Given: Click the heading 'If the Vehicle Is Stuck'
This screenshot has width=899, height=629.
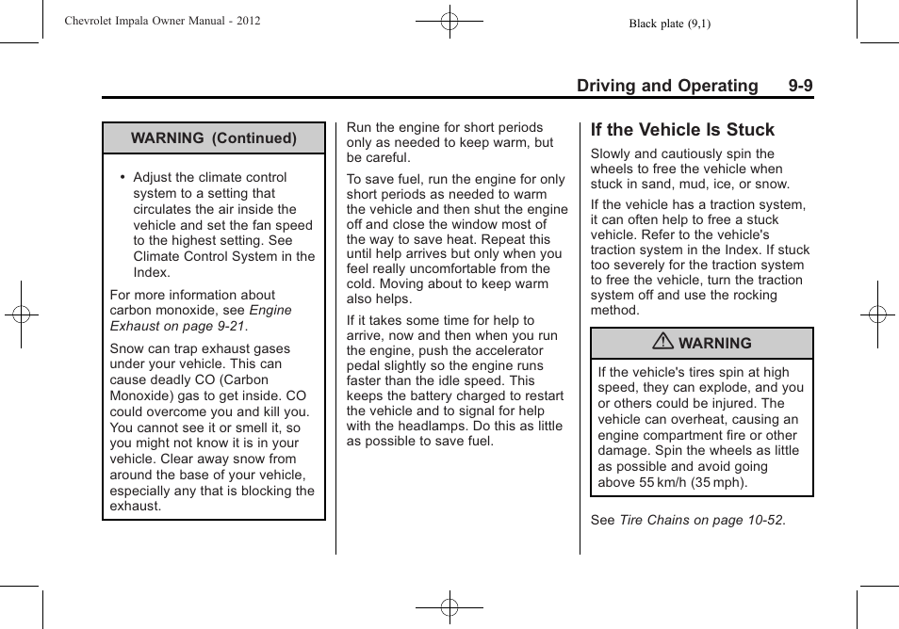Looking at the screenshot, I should (x=682, y=130).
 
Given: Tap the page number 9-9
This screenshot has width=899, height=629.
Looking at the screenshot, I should (x=800, y=86).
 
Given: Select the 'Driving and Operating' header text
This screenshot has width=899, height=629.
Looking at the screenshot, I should (x=666, y=86).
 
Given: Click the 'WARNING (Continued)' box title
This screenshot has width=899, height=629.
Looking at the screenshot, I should (x=214, y=138).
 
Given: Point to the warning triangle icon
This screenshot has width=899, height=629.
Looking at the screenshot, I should (x=665, y=343).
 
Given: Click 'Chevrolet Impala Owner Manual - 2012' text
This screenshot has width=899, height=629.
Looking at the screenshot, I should (x=162, y=21).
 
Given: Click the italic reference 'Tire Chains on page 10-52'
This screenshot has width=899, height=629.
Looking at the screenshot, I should (x=701, y=520).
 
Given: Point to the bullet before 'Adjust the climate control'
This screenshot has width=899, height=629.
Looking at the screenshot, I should (x=123, y=178).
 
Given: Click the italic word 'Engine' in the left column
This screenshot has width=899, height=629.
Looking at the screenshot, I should (x=270, y=310).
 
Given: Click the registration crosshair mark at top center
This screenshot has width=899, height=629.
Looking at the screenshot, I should (x=449, y=21).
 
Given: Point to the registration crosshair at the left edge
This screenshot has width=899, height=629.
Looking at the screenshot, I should (x=21, y=314).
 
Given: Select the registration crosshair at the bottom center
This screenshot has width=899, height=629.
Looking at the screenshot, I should (x=449, y=607).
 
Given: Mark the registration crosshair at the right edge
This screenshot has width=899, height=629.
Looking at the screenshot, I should (x=877, y=314).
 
